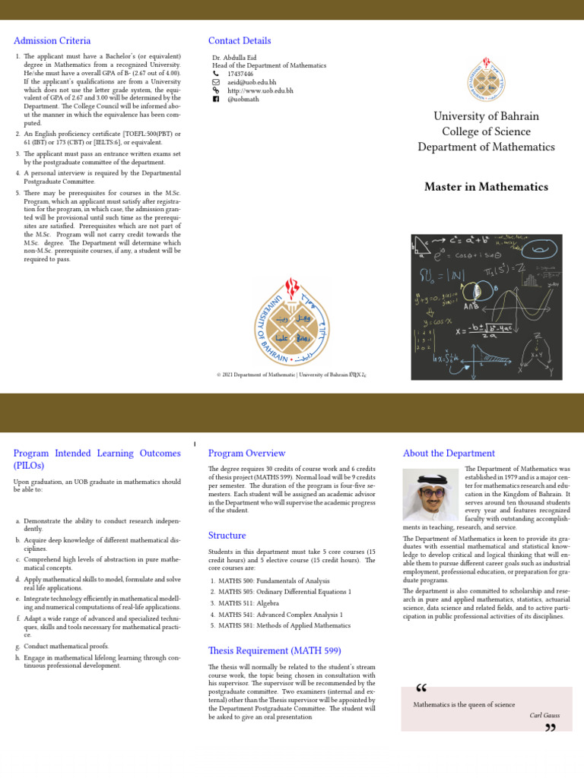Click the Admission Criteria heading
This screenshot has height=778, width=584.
(52, 41)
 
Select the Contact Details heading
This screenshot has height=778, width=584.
(240, 41)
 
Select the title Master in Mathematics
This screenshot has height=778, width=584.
(486, 187)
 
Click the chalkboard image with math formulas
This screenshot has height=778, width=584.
(486, 307)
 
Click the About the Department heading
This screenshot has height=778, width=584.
(449, 454)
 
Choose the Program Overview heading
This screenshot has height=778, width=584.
(247, 454)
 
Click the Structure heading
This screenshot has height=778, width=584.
(227, 536)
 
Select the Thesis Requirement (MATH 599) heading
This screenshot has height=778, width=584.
(275, 650)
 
